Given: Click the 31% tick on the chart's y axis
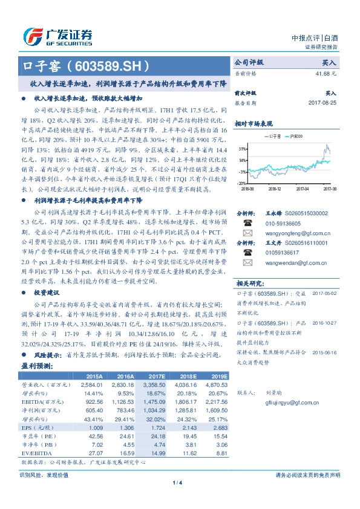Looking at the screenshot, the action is click(241, 148).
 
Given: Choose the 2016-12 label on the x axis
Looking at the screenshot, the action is click(276, 188).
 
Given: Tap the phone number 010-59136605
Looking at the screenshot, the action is click(277, 222).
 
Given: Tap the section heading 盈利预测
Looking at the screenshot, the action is click(37, 367).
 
